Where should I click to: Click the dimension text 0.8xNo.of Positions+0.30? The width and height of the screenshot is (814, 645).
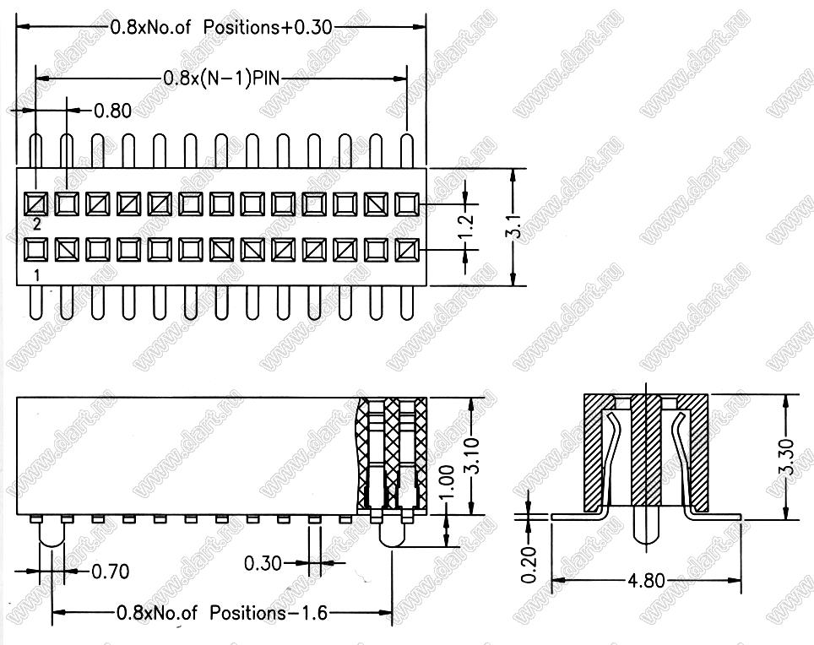pos(221,27)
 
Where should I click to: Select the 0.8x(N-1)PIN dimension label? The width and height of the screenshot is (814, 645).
pos(222,79)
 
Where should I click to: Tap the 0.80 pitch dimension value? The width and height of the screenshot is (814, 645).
pos(112,111)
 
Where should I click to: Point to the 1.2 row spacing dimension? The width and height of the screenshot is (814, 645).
pos(467,226)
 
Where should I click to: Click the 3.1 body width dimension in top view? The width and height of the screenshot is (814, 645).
pos(513,227)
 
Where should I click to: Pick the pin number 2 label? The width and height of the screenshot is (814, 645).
pos(37,225)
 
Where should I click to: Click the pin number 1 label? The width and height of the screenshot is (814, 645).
pos(37,275)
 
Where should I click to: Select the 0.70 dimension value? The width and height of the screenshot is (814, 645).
pos(110,572)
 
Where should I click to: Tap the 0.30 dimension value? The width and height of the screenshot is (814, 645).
pos(263,563)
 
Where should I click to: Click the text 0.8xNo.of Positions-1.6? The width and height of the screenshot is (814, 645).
pos(222,613)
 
